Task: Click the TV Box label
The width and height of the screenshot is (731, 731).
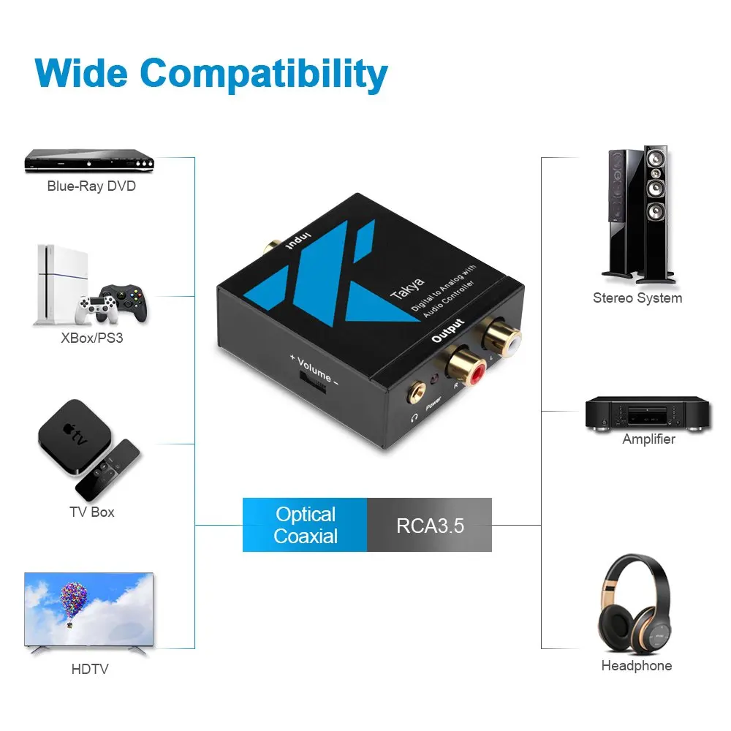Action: [x=92, y=512]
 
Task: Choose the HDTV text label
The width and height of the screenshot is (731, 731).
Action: [x=90, y=669]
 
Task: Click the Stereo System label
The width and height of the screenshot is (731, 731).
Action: [x=637, y=298]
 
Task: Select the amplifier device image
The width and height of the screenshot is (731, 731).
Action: [x=648, y=414]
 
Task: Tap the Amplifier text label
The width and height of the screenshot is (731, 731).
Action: [x=648, y=439]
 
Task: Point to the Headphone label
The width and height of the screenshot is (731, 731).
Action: [x=636, y=666]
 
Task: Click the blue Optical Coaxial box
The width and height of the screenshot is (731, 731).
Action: [x=305, y=525]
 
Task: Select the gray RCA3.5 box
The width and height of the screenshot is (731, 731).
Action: [x=430, y=525]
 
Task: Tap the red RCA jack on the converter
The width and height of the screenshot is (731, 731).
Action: [x=469, y=369]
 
